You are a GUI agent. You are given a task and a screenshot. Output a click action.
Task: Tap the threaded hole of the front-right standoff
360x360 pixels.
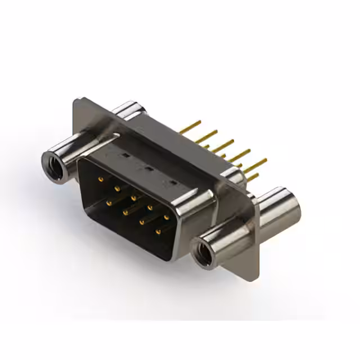coord(203,251)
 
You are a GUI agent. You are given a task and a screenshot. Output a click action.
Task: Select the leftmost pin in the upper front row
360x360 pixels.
coord(101,179)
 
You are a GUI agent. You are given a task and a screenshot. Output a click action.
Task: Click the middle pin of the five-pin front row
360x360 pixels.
coord(133,198)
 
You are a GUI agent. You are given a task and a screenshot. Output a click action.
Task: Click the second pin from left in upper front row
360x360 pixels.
coord(117,188)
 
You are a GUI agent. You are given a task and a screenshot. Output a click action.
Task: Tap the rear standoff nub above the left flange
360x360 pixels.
coord(126,110)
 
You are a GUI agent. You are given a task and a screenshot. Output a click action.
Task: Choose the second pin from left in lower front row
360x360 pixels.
coord(125,209)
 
